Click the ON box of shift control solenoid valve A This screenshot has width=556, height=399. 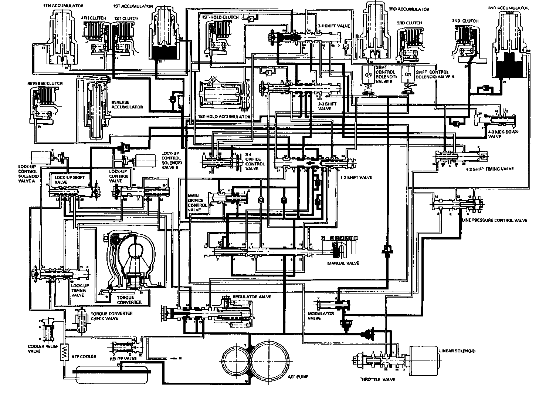click(x=408, y=74)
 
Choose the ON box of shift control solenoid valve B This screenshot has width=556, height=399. click(x=368, y=74)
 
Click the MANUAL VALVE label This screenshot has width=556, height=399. click(x=343, y=263)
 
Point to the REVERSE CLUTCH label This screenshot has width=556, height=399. click(x=45, y=83)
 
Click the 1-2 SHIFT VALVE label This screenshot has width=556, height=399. click(x=356, y=177)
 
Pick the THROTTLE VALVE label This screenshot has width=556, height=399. click(x=377, y=379)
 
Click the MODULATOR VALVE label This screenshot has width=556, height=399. click(x=321, y=316)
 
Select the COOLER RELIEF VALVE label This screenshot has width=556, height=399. click(x=39, y=349)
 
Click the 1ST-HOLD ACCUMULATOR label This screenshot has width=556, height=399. click(x=224, y=117)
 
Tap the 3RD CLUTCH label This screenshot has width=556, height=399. click(x=409, y=23)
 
